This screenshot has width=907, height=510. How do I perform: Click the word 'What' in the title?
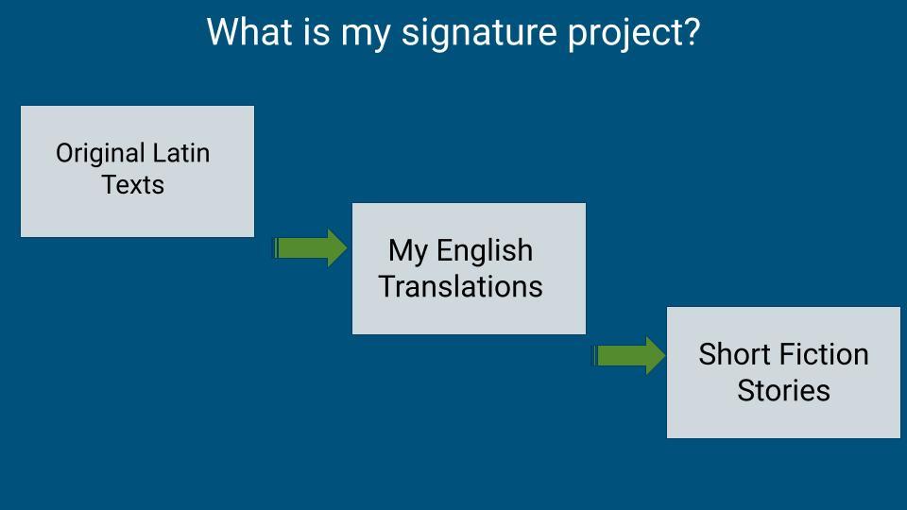pos(249,31)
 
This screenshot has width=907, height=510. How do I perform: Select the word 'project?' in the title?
pos(633,34)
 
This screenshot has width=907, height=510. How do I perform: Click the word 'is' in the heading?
pos(317,31)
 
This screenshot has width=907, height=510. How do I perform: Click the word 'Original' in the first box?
pos(101,155)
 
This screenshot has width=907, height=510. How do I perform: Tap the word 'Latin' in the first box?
pos(181,153)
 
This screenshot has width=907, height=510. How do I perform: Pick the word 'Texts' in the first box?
pos(133,185)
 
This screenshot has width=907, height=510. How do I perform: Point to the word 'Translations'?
pos(460,286)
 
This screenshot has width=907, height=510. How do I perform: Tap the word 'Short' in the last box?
pos(734,354)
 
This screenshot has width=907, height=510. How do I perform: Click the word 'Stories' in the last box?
pos(784,390)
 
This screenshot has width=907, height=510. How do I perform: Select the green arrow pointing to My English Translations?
pos(310,248)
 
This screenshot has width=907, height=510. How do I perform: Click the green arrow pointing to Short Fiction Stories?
pos(629,356)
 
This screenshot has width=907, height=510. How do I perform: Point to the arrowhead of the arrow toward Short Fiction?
pos(656,356)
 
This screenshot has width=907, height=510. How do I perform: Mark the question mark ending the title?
pos(692,32)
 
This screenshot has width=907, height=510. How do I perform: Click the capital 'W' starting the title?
pos(220,32)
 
